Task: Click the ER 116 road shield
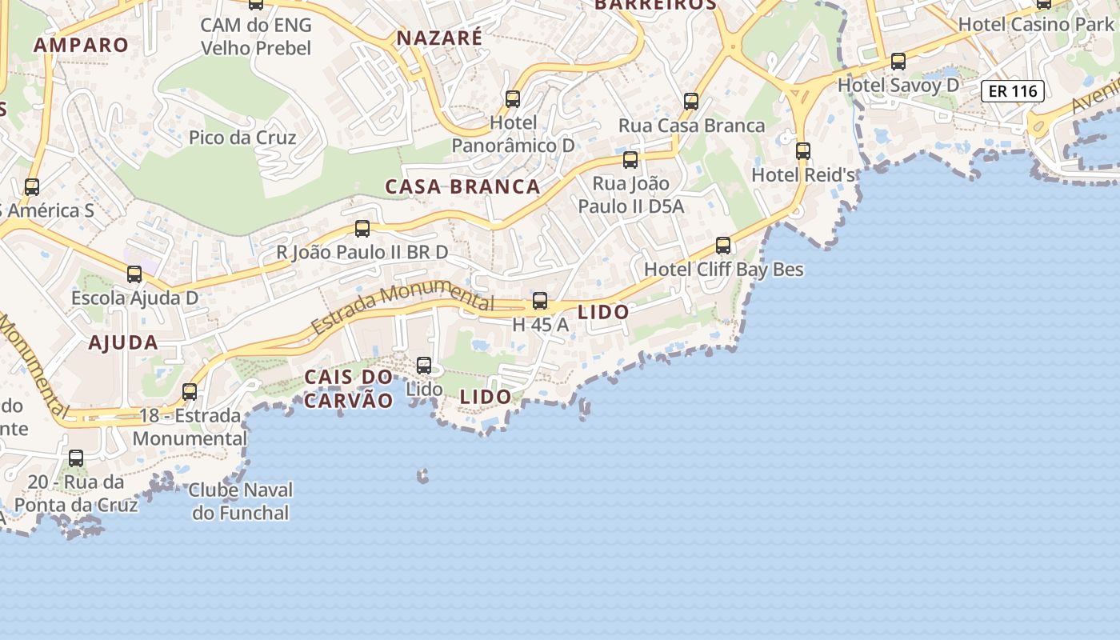1013,91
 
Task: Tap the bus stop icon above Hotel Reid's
802,150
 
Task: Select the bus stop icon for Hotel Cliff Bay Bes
723,245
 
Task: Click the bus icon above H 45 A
540,301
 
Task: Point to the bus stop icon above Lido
424,366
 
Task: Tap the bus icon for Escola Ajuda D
134,274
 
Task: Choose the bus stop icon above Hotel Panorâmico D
513,99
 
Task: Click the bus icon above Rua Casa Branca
691,102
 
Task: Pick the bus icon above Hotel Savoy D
898,61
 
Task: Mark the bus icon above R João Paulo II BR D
362,229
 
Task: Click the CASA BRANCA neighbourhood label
462,187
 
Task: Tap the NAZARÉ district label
439,38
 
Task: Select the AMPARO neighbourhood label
81,45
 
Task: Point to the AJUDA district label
123,343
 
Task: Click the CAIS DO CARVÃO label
349,389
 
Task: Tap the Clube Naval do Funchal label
241,501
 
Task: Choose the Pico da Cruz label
242,138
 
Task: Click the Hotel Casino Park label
1036,24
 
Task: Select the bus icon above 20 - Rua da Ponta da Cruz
76,458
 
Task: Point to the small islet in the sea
422,477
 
